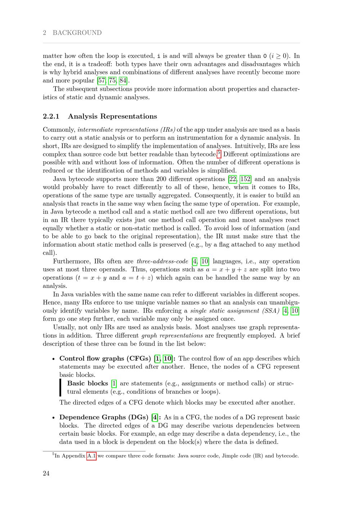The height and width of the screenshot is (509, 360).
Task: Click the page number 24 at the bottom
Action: [46, 473]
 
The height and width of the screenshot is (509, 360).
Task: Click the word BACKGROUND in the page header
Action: [77, 33]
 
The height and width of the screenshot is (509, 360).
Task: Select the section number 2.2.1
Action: [51, 116]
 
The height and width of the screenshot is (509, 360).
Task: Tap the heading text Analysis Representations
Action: [112, 116]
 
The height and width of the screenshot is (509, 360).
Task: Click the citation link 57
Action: [101, 80]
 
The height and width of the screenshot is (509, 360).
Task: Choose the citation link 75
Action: [112, 80]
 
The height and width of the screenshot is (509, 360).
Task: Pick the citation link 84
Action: [123, 80]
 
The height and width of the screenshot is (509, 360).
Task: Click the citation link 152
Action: [246, 179]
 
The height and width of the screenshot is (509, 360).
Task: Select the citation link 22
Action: [232, 179]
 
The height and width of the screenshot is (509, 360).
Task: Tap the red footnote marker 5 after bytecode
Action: [219, 153]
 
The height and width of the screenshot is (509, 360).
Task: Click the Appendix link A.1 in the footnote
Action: [91, 456]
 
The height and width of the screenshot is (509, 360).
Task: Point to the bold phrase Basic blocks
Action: [87, 383]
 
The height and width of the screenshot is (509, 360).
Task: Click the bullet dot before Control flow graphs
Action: [53, 359]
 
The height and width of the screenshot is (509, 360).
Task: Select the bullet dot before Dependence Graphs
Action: [53, 418]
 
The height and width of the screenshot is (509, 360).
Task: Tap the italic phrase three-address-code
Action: [162, 261]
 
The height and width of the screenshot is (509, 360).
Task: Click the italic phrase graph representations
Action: [172, 335]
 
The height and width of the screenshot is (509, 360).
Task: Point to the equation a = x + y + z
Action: [228, 270]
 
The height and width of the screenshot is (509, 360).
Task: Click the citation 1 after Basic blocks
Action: [114, 383]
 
